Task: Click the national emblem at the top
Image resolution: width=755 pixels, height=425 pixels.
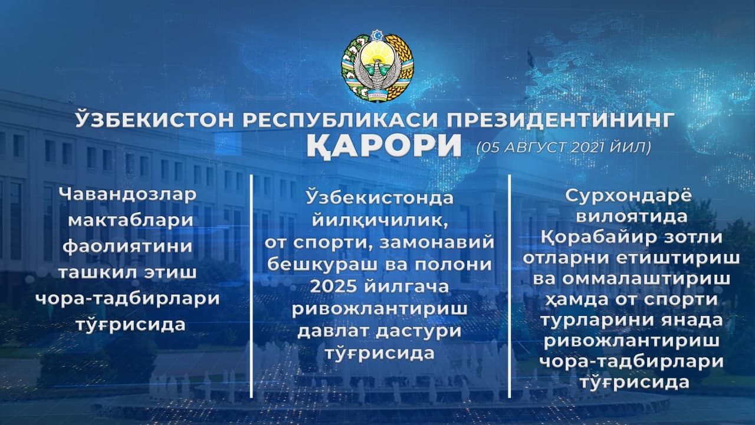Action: pos(377,67)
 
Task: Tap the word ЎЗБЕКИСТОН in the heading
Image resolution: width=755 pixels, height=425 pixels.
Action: pos(154,120)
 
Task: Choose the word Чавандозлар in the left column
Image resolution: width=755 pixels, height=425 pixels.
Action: pos(127,195)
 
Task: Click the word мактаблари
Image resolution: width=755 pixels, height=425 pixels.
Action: pos(131,221)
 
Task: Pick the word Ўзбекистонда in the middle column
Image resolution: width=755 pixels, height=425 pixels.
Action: pos(380,199)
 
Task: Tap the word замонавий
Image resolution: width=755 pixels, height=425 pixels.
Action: pos(437,243)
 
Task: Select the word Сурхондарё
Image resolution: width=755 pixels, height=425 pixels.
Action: pos(629,195)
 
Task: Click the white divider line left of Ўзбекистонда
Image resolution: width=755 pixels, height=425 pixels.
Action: pos(251,286)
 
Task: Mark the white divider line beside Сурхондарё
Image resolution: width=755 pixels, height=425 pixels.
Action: pos(509,286)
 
